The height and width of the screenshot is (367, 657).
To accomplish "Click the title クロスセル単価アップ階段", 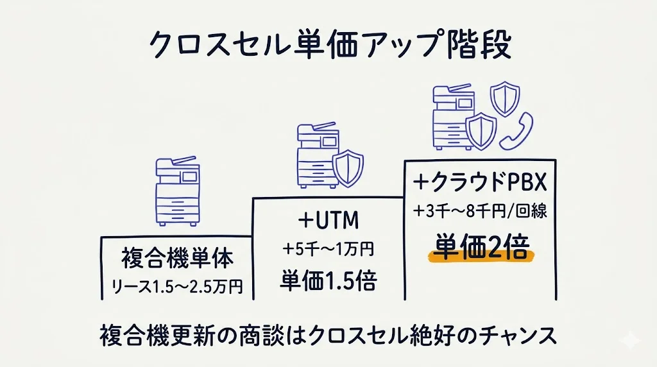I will [328, 46].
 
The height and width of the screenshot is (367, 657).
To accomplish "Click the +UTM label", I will [328, 221].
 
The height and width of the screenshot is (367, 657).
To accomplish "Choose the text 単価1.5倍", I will [328, 280].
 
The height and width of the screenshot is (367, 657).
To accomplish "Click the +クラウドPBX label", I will [481, 183].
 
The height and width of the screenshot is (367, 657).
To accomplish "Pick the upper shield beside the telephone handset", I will [503, 97].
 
